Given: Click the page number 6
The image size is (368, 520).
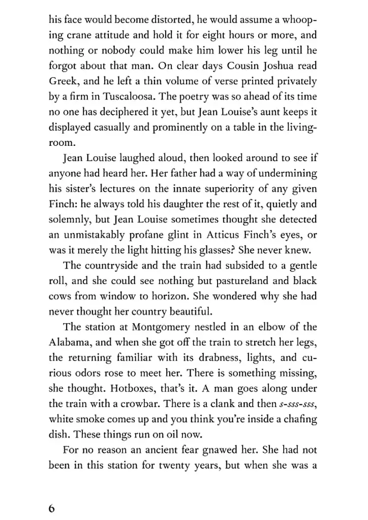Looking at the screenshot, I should (52, 509).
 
